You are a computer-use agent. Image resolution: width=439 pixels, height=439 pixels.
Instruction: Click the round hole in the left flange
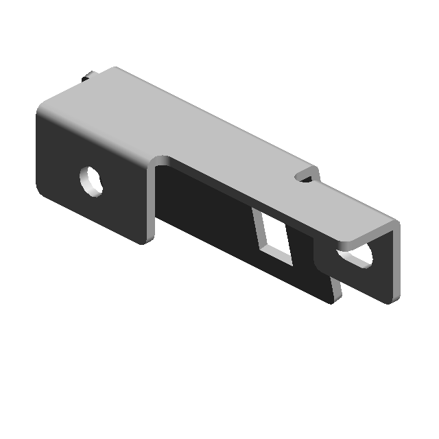[92, 180]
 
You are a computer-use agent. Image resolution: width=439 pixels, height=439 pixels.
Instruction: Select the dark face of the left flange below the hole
[103, 213]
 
